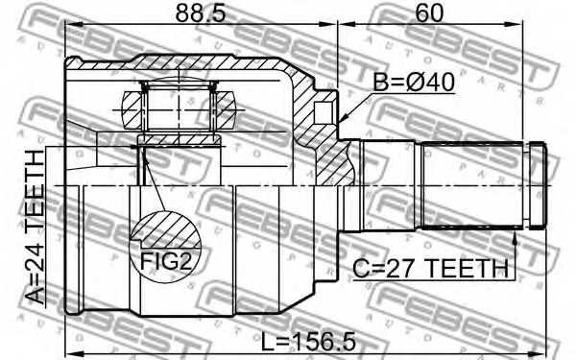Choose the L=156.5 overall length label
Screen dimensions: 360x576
tap(305, 339)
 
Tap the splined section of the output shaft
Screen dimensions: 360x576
tap(470, 186)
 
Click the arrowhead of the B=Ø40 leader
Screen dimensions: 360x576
tap(344, 121)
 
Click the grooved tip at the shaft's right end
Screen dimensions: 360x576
tap(538, 186)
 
